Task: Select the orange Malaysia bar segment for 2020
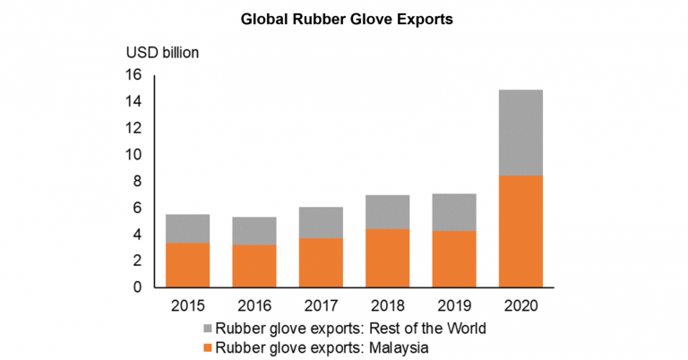tap(520, 231)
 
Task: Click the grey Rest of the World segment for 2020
tap(520, 133)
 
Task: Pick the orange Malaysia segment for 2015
tap(188, 265)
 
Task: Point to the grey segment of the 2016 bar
tap(254, 231)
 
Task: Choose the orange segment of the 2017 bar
tap(321, 262)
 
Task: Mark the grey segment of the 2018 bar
tap(387, 212)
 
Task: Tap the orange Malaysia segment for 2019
tap(453, 259)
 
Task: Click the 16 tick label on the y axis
tap(134, 75)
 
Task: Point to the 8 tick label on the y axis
tap(138, 181)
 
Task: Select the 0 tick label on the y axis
tap(138, 287)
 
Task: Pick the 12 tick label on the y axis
tap(134, 128)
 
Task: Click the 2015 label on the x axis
tap(188, 307)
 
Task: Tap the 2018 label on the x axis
tap(387, 307)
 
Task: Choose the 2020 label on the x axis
tap(520, 307)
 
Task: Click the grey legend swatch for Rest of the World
tap(211, 329)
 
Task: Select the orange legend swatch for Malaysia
tap(211, 347)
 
